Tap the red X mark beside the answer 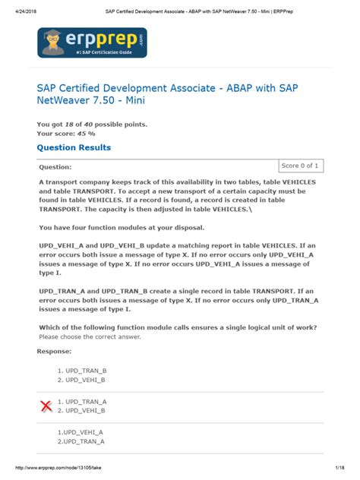tap(47, 406)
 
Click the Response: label tap(55, 352)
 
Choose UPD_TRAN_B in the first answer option tap(85, 370)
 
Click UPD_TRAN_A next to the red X tap(85, 401)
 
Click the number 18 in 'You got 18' tap(68, 123)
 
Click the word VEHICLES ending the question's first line tap(292, 183)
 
